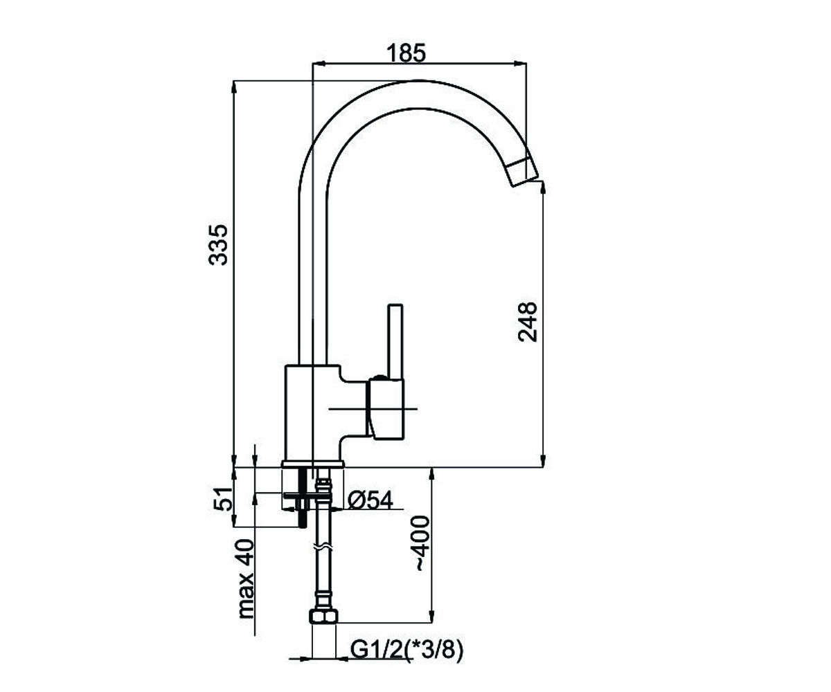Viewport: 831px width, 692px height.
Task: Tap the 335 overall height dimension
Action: tap(218, 244)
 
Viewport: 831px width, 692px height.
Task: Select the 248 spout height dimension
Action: tap(527, 322)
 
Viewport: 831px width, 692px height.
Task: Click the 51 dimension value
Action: tap(222, 499)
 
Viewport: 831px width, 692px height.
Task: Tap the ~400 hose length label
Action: tap(422, 544)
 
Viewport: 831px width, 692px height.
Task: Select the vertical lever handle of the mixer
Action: tap(396, 342)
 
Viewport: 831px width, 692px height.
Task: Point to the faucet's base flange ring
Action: tap(312, 464)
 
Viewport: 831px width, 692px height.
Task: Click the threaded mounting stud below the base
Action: tap(305, 497)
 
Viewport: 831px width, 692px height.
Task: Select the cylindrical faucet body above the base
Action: tap(312, 412)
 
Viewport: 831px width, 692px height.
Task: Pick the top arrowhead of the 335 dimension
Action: tap(234, 87)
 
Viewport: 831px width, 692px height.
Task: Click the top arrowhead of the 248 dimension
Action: tap(544, 188)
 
